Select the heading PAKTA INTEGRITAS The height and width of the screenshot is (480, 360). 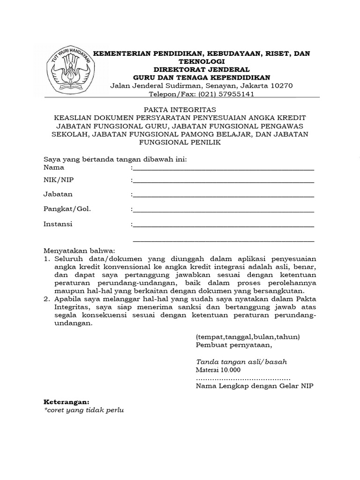click(x=180, y=109)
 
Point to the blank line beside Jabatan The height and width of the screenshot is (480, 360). click(x=223, y=195)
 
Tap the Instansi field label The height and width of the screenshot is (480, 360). click(x=58, y=224)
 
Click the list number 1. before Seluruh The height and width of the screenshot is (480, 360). click(x=47, y=258)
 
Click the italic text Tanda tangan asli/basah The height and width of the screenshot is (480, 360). click(x=241, y=362)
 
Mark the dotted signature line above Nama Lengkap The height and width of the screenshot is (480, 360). click(x=243, y=378)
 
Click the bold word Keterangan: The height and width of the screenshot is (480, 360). click(x=66, y=402)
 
